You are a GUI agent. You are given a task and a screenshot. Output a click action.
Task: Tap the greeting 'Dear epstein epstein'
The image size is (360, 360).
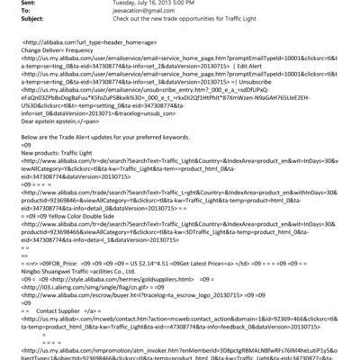(x=54, y=118)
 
